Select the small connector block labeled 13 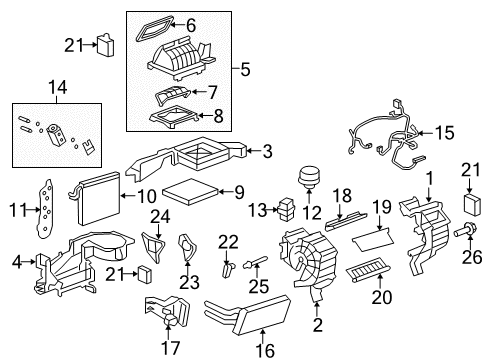tap(286, 210)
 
